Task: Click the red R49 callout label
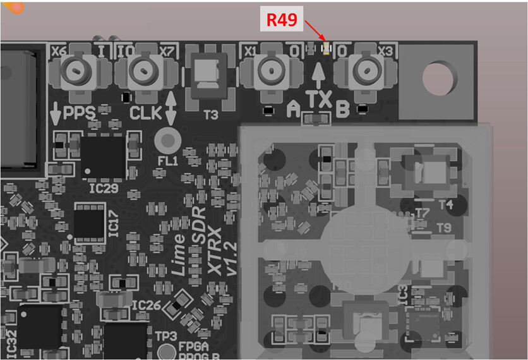coord(281,20)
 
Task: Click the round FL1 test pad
coord(167,139)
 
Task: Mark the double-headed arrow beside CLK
coord(170,105)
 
